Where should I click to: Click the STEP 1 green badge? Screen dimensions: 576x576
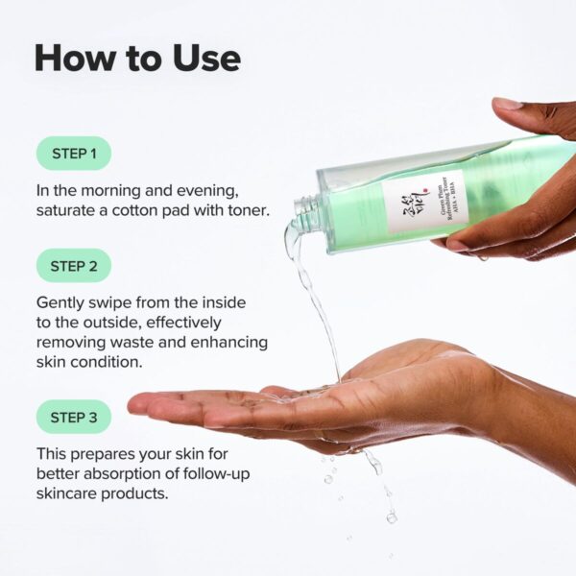pyautogui.click(x=73, y=154)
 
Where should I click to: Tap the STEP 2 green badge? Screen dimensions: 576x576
pyautogui.click(x=73, y=265)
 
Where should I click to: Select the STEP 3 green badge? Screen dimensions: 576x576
pyautogui.click(x=73, y=418)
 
